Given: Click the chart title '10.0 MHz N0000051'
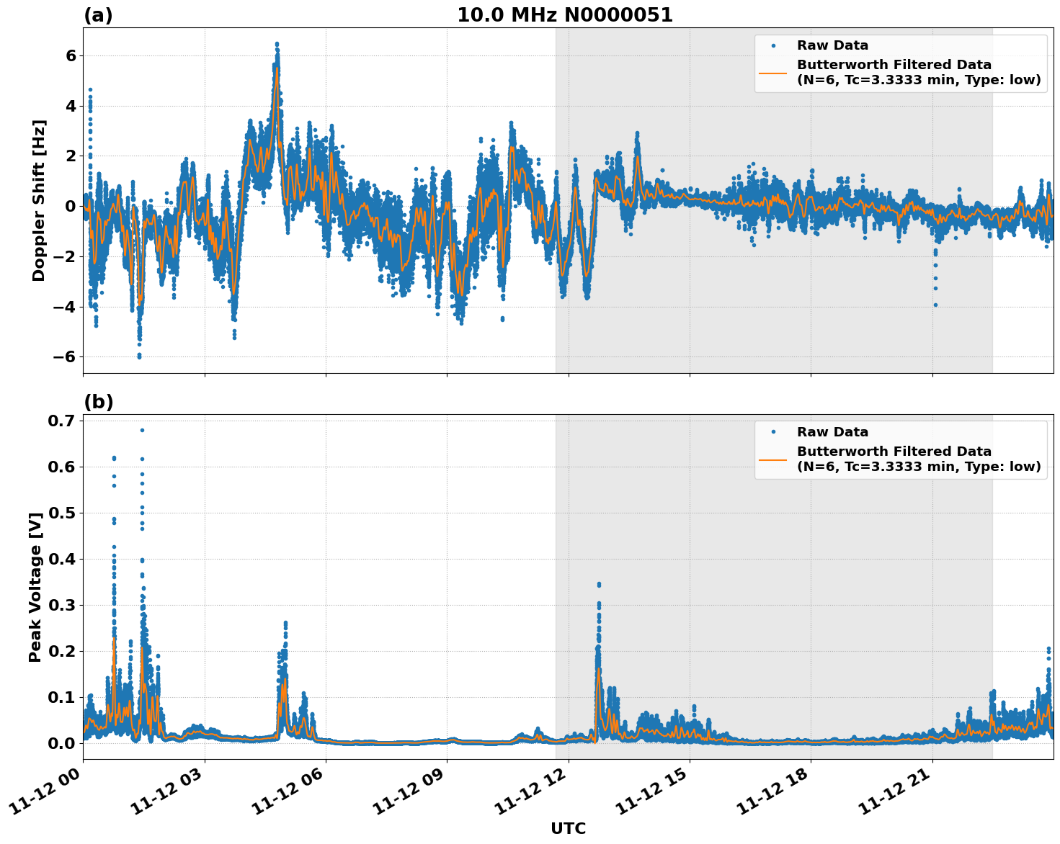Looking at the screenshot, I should point(565,15).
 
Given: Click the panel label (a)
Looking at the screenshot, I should point(98,15).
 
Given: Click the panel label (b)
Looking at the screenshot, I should point(98,402).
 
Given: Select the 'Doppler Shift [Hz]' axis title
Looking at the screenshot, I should point(39,200).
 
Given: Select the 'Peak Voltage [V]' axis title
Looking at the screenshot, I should point(35,586).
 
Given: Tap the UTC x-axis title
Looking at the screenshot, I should point(568,828).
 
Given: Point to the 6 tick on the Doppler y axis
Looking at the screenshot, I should point(71,55).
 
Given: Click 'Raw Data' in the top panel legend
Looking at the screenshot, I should point(832,45).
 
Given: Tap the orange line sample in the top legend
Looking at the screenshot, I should point(772,72).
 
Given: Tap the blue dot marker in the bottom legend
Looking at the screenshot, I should point(772,432).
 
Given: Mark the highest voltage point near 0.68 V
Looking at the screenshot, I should point(142,430).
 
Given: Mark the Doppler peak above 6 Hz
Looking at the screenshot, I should point(277,44).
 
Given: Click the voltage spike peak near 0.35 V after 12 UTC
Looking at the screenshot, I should point(599,584).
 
